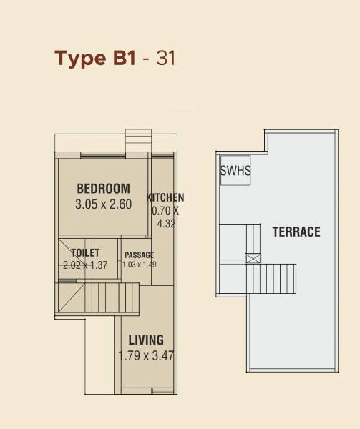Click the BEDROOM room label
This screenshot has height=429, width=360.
pos(103,189)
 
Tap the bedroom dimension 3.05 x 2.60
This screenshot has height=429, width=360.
pos(103,204)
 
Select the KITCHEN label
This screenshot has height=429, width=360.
pos(165,197)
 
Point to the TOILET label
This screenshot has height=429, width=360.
pos(85,252)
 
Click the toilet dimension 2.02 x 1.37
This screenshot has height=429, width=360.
pos(85,265)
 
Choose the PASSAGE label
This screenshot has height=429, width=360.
pos(139,255)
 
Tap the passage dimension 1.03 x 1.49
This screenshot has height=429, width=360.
pos(139,265)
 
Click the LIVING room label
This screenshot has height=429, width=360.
pos(146,340)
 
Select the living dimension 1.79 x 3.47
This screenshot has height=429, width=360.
pos(146,355)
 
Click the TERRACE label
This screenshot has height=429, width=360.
pos(296,232)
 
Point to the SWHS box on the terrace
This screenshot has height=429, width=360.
pos(235,171)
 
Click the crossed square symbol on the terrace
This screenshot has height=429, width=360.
pos(252,259)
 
